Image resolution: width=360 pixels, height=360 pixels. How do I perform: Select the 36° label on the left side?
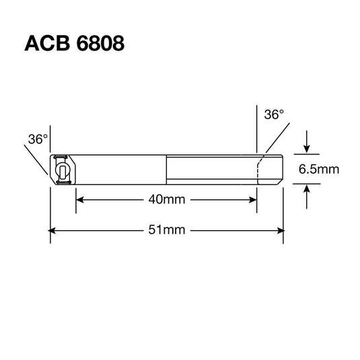tap(38, 139)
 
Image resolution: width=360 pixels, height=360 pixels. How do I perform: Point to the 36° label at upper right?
tap(273, 115)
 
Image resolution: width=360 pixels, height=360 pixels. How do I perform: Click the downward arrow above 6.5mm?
tap(307, 149)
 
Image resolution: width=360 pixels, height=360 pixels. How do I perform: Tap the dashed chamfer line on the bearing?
tap(258, 169)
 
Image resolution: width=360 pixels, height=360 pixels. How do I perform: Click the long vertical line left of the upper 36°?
tap(257, 128)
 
